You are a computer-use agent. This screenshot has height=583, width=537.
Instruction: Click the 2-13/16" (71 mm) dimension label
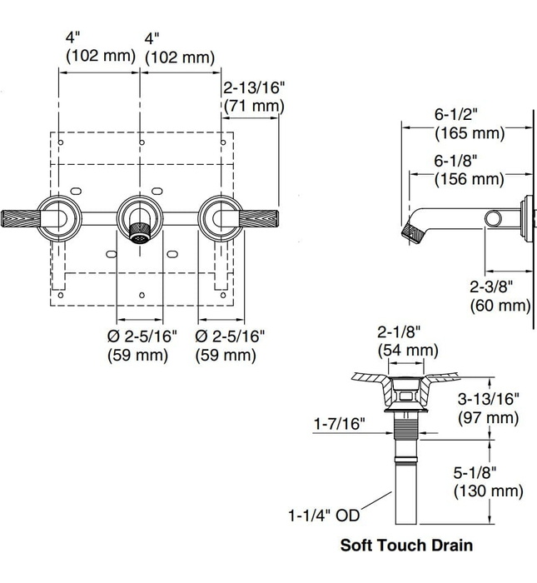254,97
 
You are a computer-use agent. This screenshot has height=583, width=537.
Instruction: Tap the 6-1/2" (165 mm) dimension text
470,124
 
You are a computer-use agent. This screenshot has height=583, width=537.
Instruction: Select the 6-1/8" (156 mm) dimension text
470,170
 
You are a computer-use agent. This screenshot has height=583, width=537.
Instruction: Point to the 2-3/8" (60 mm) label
500,296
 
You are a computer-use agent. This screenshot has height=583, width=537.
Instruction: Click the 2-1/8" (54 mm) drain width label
408,341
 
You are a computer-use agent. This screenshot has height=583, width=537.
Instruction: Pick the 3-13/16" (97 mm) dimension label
489,408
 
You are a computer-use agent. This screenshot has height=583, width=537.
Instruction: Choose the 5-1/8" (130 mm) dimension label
489,482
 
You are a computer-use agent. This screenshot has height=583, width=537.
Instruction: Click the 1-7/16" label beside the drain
340,423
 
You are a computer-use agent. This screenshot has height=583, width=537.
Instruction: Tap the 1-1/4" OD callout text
325,516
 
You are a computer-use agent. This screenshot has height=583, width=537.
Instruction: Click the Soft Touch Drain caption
406,545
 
